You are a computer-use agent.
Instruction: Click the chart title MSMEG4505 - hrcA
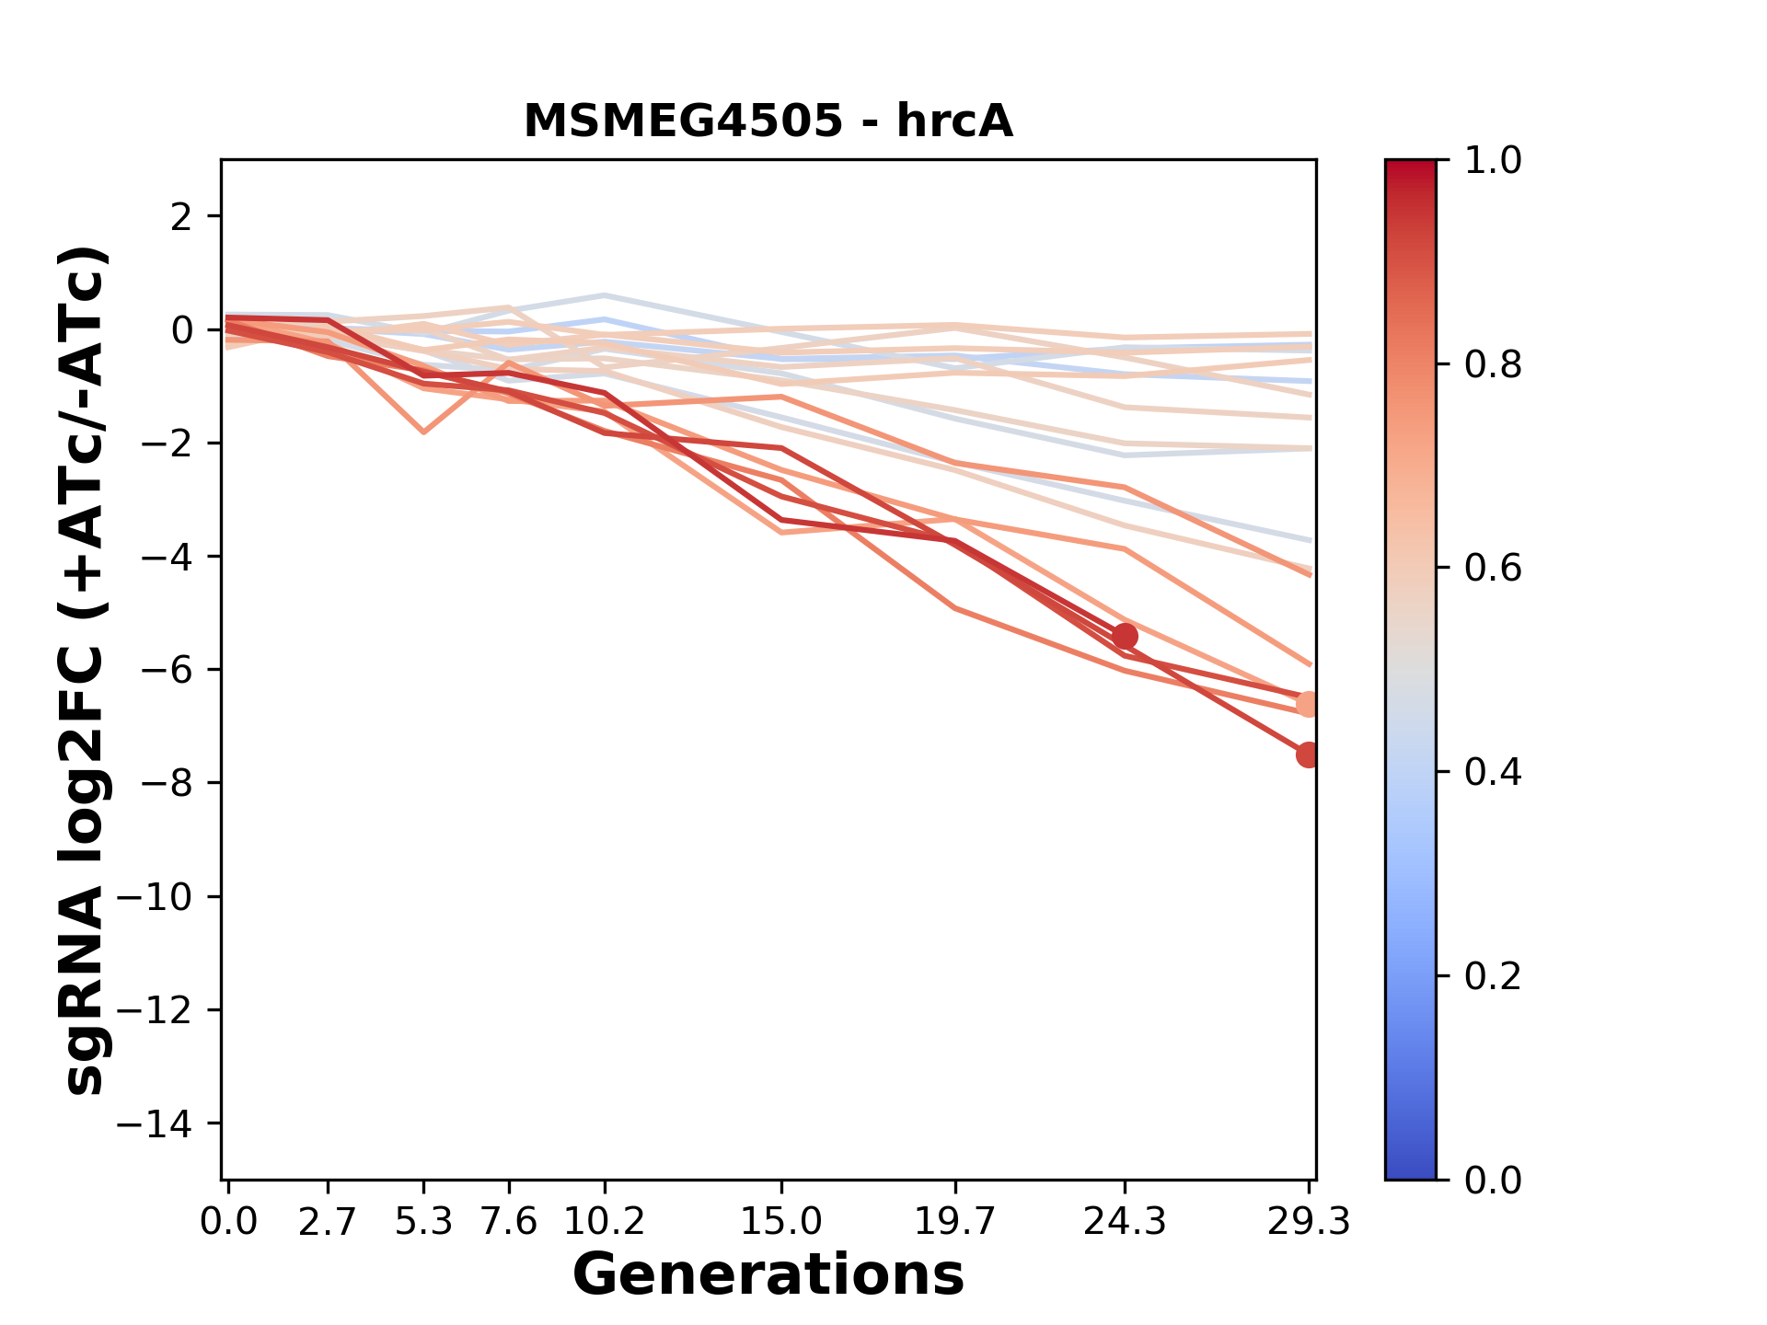(x=768, y=121)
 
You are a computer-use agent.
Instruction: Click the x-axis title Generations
(x=768, y=1275)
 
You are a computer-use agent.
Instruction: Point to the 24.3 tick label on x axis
(x=1124, y=1222)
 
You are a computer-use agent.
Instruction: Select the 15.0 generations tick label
(x=781, y=1222)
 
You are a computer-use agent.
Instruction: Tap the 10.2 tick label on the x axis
(x=604, y=1222)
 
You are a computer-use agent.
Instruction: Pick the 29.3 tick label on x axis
(x=1308, y=1222)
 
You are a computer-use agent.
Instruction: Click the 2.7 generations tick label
(x=328, y=1222)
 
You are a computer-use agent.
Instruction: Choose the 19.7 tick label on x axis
(x=955, y=1222)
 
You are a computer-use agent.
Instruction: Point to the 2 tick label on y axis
(x=182, y=217)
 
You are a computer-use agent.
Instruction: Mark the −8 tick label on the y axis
(x=166, y=784)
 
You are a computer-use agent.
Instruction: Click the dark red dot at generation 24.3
(x=1124, y=636)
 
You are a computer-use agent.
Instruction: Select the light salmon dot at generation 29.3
(x=1308, y=705)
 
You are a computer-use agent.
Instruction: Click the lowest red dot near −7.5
(x=1308, y=755)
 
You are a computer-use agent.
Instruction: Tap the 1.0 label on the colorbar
(x=1493, y=161)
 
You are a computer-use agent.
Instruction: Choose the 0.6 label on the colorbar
(x=1493, y=569)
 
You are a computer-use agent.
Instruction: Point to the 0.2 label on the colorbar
(x=1493, y=976)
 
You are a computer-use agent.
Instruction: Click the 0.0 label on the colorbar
(x=1493, y=1180)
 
